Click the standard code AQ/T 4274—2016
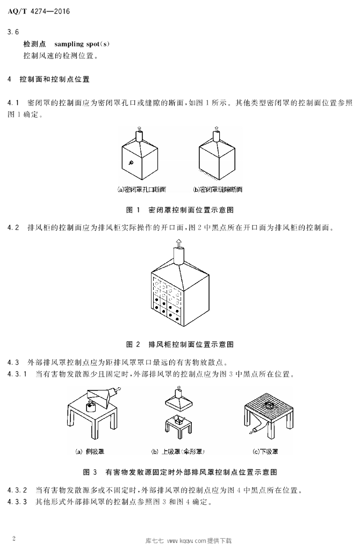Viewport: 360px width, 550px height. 39,11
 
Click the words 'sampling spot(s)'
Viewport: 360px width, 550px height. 82,44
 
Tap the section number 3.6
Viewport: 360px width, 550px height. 13,32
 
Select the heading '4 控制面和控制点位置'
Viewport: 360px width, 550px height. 48,79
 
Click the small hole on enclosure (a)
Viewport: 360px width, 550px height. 131,162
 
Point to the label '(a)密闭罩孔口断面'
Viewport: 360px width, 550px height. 141,190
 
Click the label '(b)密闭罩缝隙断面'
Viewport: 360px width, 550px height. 218,190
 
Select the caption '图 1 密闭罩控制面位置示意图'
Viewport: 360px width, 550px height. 179,210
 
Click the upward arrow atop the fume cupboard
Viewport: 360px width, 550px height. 179,243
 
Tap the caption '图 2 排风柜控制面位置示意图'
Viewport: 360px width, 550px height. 179,344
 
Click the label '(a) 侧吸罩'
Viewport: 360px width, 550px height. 90,451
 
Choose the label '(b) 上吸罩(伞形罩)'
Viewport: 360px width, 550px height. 178,451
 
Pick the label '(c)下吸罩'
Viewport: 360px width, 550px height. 265,451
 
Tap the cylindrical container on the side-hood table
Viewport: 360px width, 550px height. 91,407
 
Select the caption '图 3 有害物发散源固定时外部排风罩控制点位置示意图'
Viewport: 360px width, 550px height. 180,472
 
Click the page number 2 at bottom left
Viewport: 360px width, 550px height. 13,538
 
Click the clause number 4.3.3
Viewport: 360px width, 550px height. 17,502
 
